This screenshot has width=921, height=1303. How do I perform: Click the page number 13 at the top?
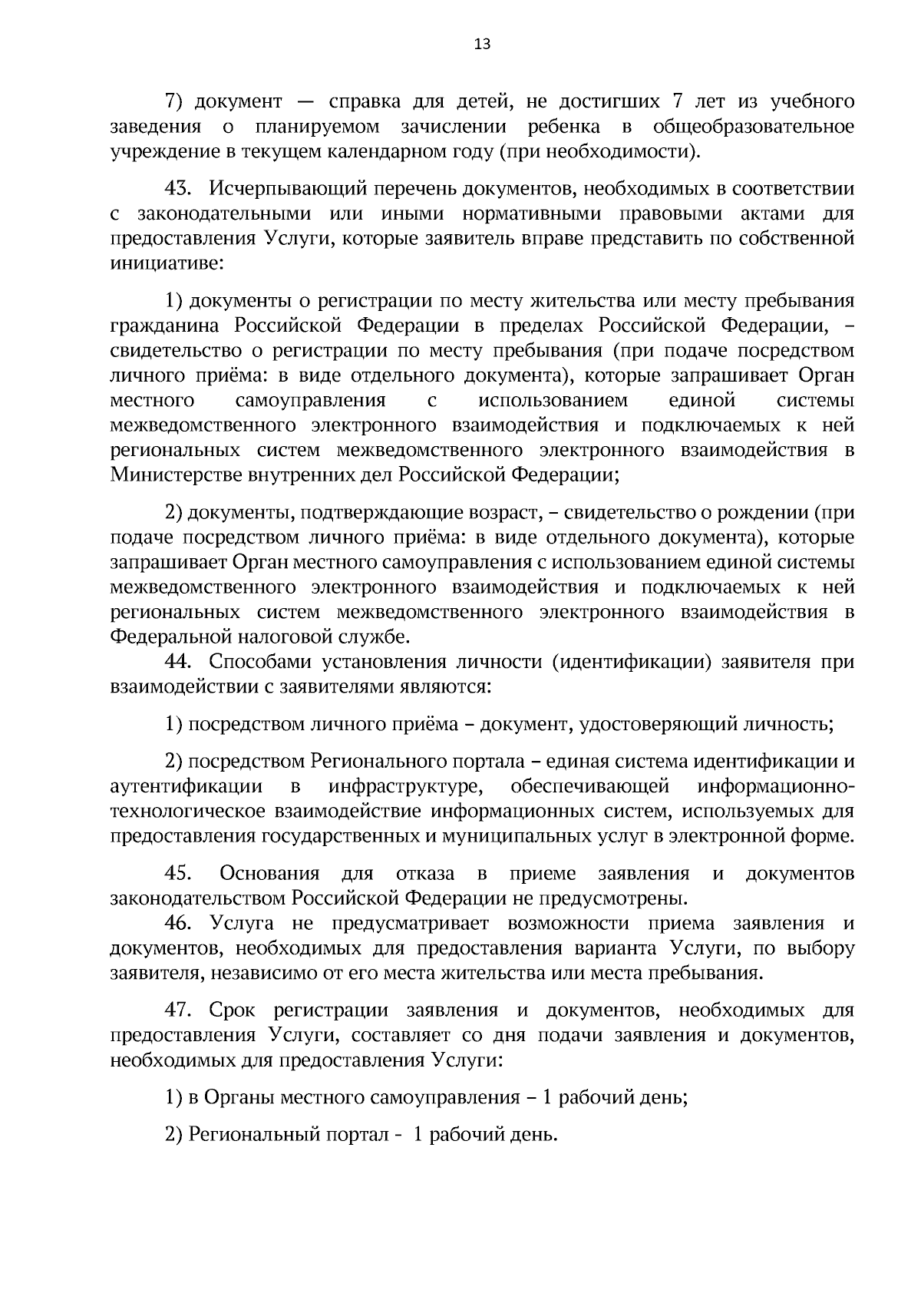(x=482, y=44)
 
